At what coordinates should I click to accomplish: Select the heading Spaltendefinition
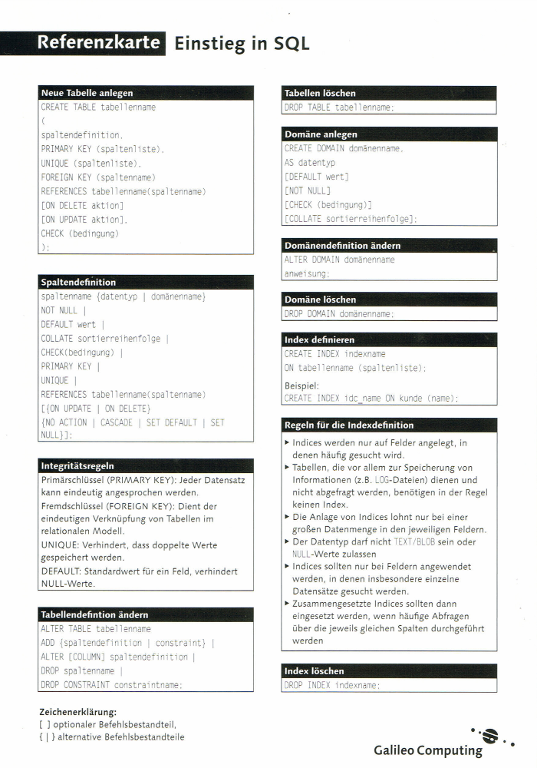pos(78,283)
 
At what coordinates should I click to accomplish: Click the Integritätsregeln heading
pos(77,465)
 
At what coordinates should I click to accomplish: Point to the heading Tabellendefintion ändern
pos(94,614)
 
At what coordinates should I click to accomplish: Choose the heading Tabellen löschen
pos(320,93)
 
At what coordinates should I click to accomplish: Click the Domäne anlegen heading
pos(321,134)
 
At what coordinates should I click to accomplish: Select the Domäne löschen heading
pos(320,300)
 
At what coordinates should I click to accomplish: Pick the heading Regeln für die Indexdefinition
pos(348,425)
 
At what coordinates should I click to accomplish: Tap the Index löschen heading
pos(314,670)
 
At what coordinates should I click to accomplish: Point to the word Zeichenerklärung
pos(77,712)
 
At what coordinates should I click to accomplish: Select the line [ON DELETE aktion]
pos(82,205)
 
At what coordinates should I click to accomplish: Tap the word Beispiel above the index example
pos(301,386)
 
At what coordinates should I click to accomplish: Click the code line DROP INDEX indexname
pos(332,685)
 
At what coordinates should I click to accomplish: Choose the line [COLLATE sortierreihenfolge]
pos(351,219)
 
